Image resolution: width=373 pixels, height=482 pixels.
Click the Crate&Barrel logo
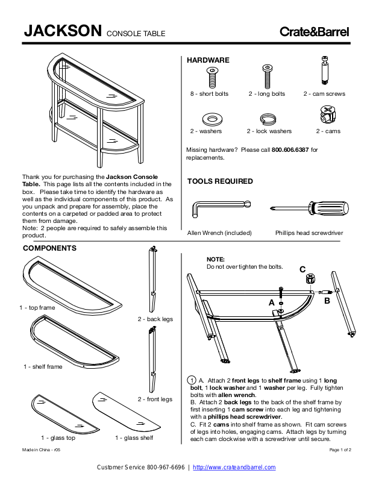(x=314, y=33)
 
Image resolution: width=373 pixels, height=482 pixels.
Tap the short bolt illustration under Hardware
(x=212, y=77)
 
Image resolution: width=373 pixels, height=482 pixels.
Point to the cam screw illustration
(x=324, y=71)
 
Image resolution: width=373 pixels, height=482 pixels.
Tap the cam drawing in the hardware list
(x=328, y=114)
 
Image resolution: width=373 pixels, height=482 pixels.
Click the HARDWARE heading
(x=208, y=61)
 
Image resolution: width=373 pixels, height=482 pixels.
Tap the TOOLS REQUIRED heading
(x=220, y=181)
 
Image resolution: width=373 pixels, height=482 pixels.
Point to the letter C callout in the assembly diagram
(x=302, y=269)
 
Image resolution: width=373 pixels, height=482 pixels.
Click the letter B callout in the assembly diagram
(x=327, y=300)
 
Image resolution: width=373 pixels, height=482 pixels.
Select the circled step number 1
(x=192, y=380)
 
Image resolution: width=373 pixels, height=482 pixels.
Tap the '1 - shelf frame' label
(x=43, y=367)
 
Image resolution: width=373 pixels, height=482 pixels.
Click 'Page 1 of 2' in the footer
(x=340, y=450)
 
